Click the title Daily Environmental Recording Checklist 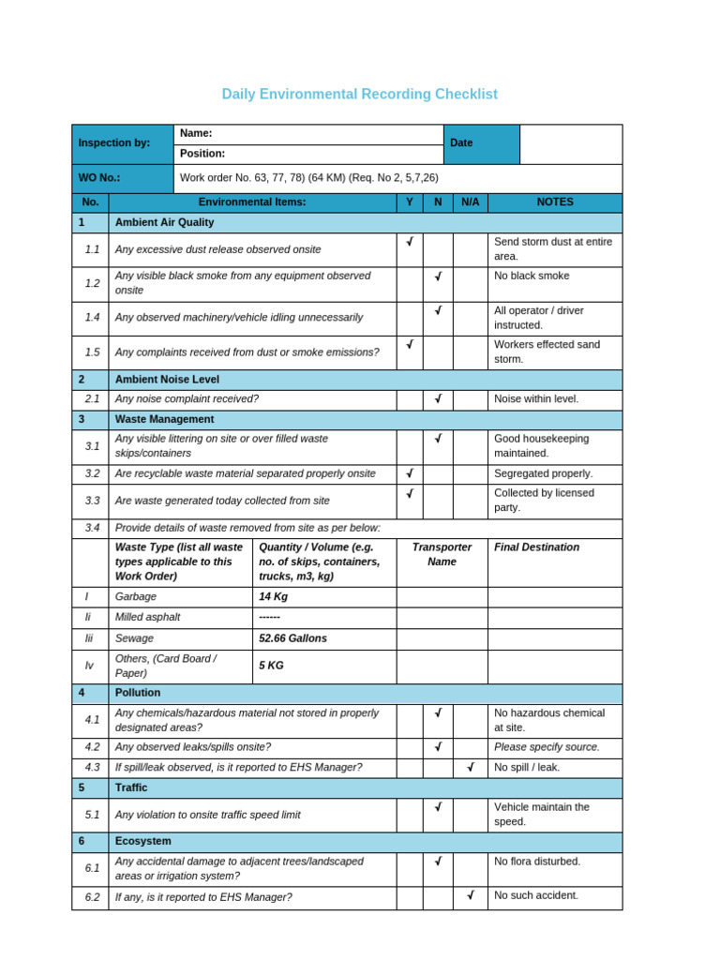click(x=359, y=95)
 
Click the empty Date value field click(x=570, y=144)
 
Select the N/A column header click(x=470, y=202)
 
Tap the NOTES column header click(x=555, y=202)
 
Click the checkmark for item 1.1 click(x=410, y=242)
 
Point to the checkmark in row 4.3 click(x=470, y=767)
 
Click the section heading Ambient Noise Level click(x=167, y=380)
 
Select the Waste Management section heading click(x=164, y=419)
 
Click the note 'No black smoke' click(x=532, y=277)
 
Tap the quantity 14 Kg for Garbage click(x=272, y=596)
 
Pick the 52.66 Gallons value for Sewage click(x=292, y=638)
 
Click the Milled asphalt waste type click(x=147, y=617)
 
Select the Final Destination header click(x=536, y=547)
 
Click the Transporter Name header click(x=442, y=554)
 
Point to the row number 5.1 click(x=92, y=815)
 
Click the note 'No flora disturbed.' click(x=537, y=862)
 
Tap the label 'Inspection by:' click(x=114, y=143)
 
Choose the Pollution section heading click(x=138, y=693)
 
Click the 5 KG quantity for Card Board click(x=271, y=666)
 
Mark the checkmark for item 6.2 click(x=470, y=895)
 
